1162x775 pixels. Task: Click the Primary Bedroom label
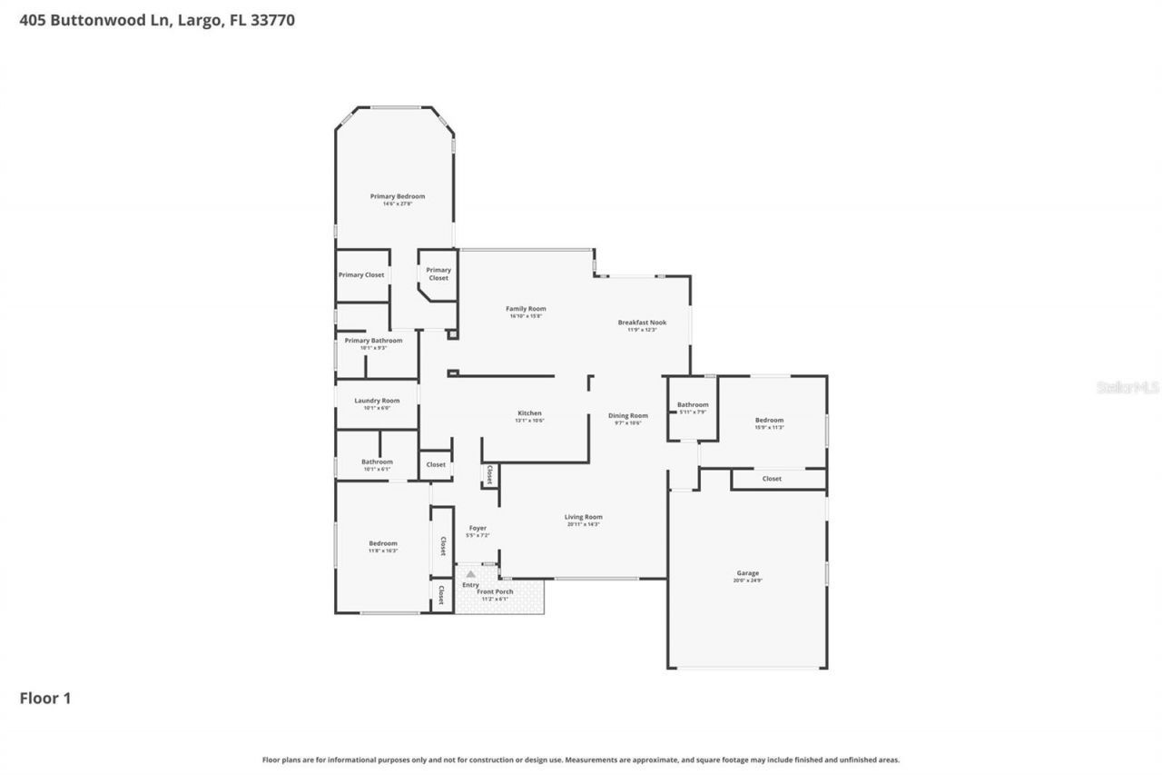397,197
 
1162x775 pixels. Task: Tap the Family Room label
526,310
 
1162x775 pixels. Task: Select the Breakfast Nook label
642,323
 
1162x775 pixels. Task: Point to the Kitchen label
528,414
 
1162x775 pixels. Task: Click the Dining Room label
627,416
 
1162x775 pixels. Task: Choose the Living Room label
583,518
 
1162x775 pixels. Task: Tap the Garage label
747,574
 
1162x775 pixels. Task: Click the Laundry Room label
376,402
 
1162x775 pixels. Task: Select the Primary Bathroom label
373,341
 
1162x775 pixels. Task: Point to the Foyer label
478,529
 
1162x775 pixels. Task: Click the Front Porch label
496,592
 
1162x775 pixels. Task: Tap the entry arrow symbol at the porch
470,574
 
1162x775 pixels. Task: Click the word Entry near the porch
470,585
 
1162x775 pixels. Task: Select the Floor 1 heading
45,699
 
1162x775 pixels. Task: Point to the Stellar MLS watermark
1128,388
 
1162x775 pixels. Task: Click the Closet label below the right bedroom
772,479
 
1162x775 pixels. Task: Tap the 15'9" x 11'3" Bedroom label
769,421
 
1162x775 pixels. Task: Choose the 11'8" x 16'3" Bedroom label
382,544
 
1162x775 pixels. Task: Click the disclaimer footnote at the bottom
581,760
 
